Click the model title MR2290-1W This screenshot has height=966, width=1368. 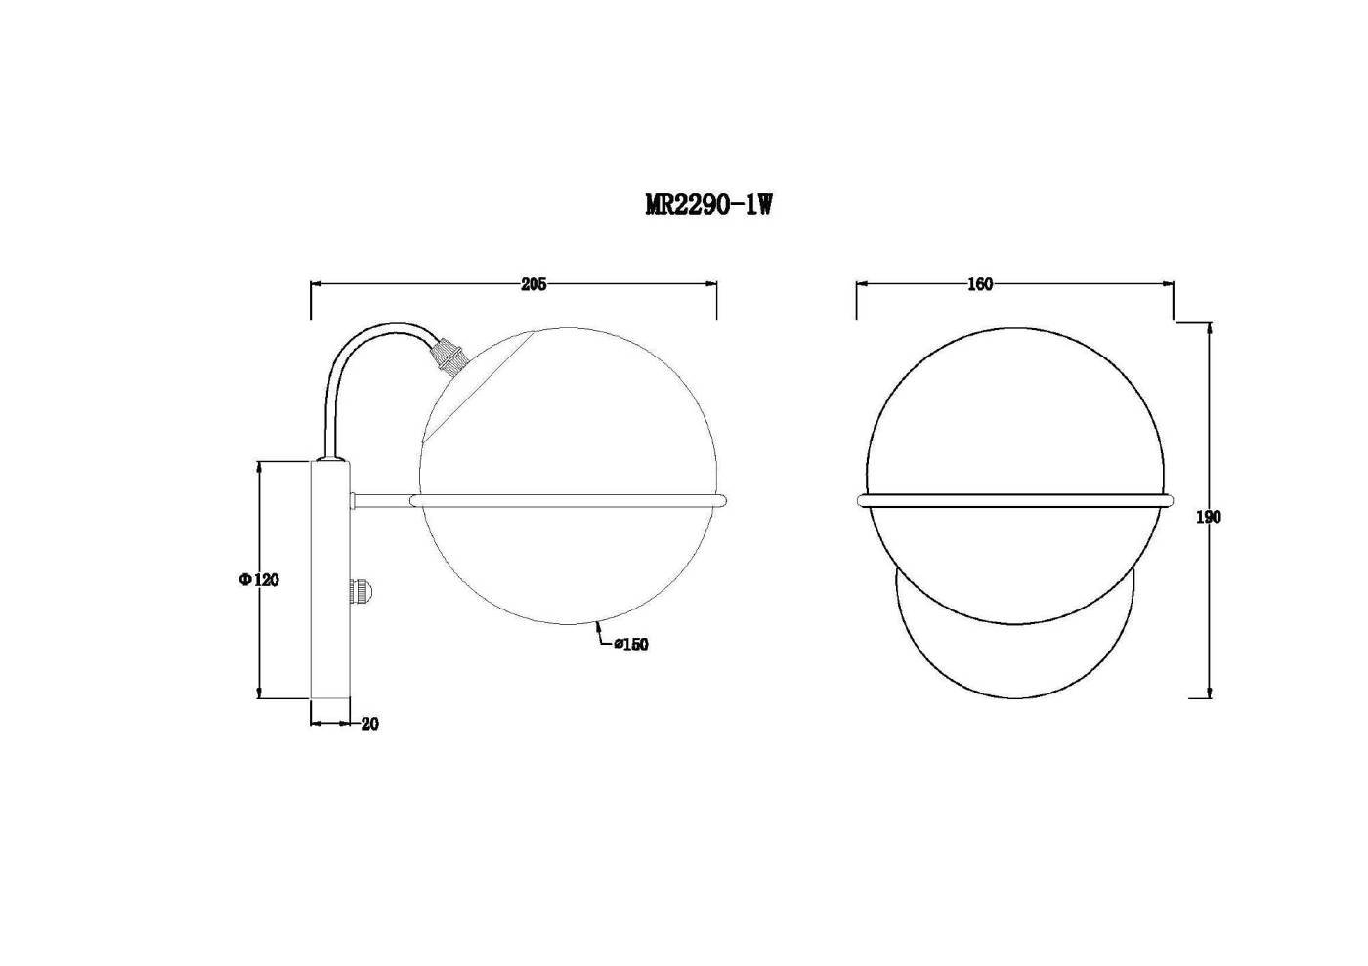click(708, 205)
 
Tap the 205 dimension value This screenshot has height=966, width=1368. click(534, 284)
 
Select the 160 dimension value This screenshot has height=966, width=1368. click(979, 284)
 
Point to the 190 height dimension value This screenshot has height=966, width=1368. click(1208, 518)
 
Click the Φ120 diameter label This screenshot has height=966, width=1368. click(259, 579)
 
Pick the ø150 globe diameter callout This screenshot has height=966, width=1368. click(631, 644)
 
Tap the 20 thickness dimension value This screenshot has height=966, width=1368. click(370, 724)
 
